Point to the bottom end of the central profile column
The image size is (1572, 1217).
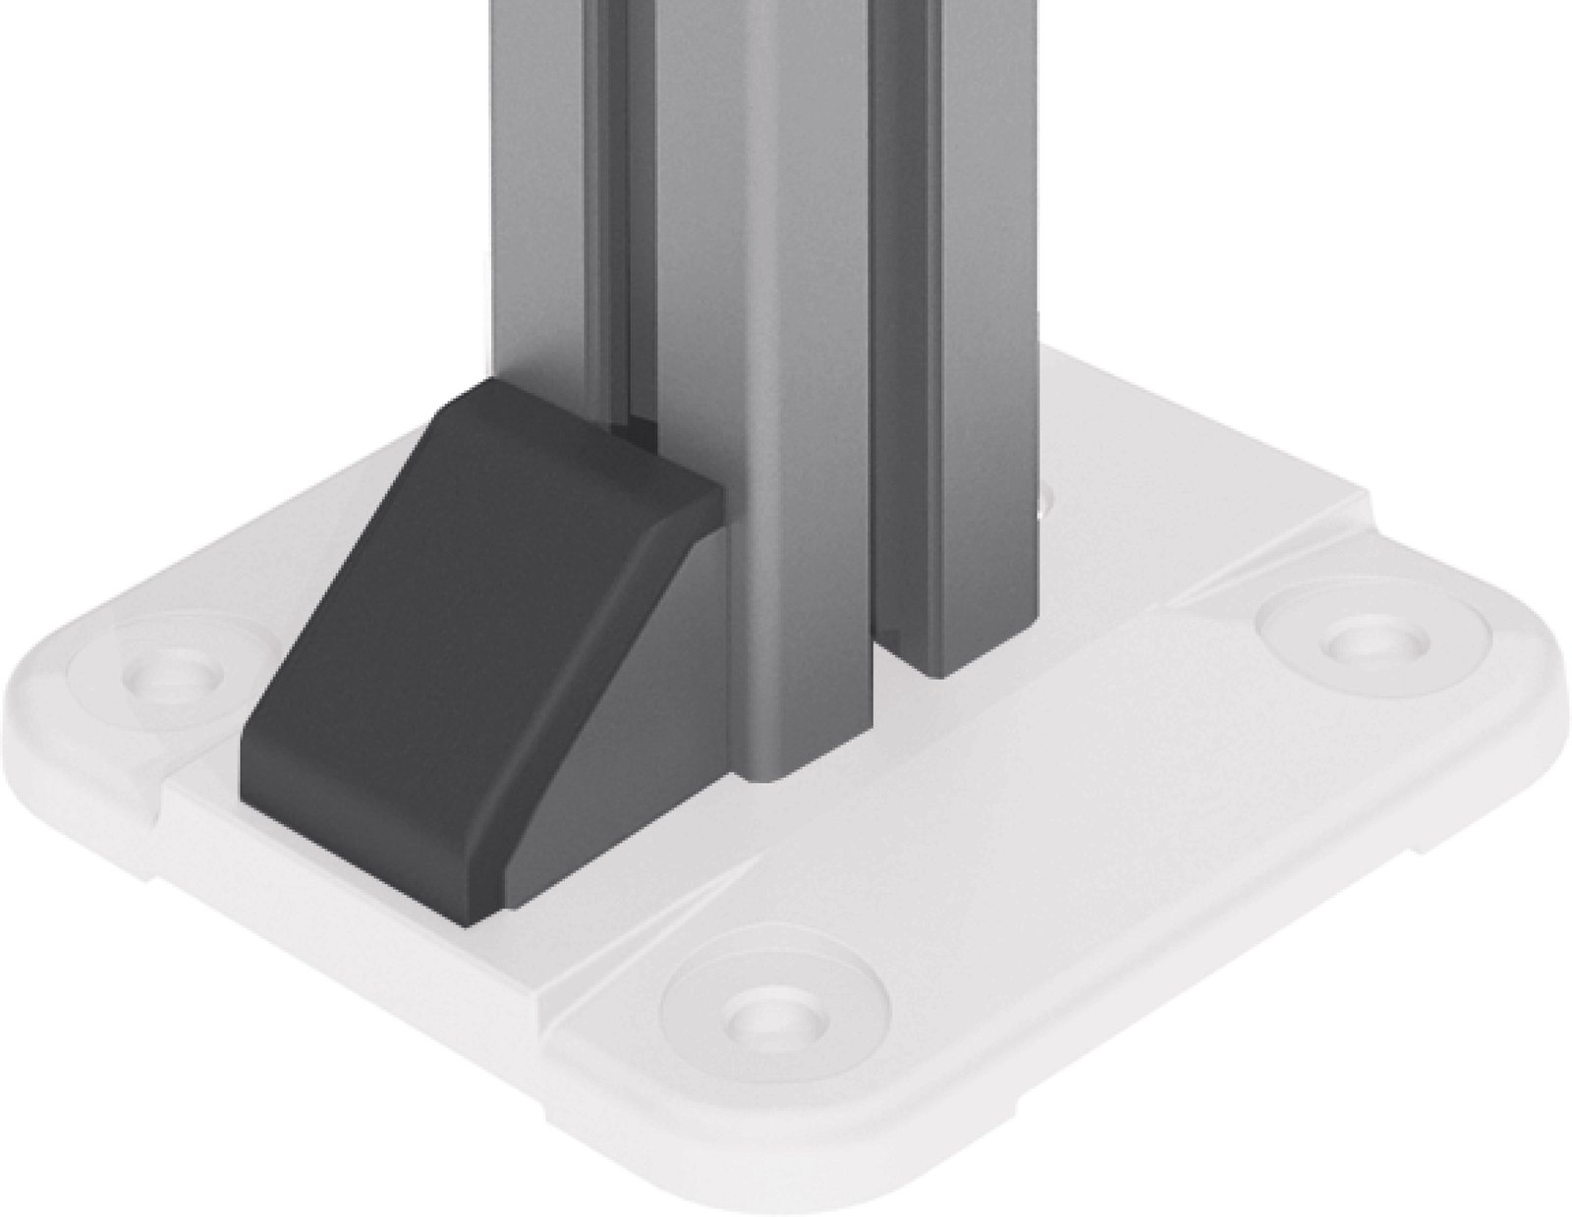click(786, 771)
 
